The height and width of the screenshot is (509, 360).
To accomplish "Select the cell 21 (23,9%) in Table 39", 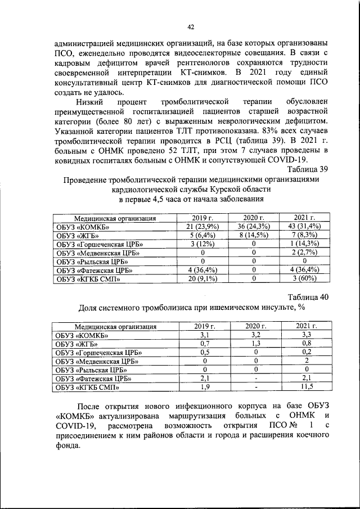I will pyautogui.click(x=202, y=226).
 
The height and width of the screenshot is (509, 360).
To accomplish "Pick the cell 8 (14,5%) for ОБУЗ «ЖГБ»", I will pyautogui.click(x=254, y=235).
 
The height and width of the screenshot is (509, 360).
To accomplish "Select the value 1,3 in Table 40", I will pyautogui.click(x=254, y=343).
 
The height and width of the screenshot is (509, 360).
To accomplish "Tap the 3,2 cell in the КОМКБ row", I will pyautogui.click(x=254, y=335).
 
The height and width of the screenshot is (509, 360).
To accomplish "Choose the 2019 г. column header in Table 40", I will pyautogui.click(x=202, y=326).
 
